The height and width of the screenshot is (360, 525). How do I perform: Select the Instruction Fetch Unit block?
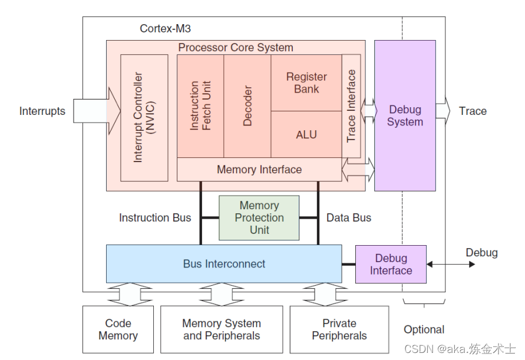(200, 106)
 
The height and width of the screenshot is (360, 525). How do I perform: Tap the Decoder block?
(247, 106)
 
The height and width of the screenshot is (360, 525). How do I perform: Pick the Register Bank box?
(306, 83)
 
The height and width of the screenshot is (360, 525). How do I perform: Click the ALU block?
(306, 135)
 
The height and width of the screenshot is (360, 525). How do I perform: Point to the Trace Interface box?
(351, 106)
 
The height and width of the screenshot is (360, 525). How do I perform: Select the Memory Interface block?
(259, 170)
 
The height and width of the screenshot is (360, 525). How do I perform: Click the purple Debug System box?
(405, 115)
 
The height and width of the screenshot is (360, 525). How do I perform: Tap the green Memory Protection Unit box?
(259, 217)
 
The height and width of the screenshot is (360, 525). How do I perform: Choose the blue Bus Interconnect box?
(224, 264)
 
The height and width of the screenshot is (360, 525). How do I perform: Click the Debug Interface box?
(391, 265)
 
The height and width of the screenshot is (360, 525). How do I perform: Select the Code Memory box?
(118, 329)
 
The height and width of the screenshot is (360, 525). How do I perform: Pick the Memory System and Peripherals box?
(222, 329)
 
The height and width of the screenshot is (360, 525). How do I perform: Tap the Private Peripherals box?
(339, 329)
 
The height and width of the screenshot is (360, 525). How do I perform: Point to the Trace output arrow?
(443, 111)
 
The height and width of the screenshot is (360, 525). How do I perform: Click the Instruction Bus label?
(155, 218)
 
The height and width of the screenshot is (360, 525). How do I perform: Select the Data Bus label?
(349, 218)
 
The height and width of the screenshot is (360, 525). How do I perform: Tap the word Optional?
(424, 329)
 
